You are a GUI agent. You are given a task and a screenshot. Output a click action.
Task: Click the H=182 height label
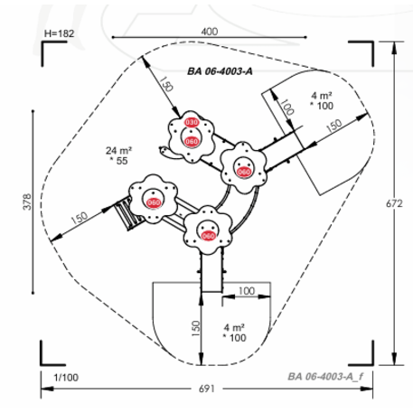59,33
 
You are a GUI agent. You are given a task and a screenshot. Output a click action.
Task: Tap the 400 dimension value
210,32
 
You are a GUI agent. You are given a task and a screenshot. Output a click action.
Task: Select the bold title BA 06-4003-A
220,71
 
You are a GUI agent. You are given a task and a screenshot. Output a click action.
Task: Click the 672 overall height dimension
394,204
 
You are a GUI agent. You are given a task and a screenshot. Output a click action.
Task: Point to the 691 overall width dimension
207,389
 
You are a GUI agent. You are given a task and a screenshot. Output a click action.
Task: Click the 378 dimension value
27,202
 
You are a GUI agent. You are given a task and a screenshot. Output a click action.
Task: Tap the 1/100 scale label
66,378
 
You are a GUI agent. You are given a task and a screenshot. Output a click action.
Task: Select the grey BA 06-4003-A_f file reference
325,377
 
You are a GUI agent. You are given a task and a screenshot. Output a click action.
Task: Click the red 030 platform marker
192,122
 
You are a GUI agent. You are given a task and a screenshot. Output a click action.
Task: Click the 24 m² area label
118,150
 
